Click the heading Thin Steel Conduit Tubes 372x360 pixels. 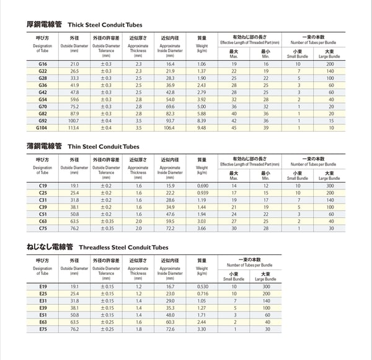tap(103, 146)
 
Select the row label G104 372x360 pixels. tap(43, 127)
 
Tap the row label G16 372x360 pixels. tap(43, 65)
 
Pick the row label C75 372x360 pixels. tap(43, 228)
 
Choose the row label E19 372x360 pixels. tap(43, 286)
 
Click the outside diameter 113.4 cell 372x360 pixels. tap(74, 127)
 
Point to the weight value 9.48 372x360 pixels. tap(201, 127)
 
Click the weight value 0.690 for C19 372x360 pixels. tap(202, 186)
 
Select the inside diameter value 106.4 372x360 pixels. tap(170, 127)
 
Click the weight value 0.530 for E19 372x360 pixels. tap(202, 286)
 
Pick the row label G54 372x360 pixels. tap(43, 99)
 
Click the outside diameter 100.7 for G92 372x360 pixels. tap(74, 120)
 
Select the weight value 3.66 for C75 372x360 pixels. tap(201, 228)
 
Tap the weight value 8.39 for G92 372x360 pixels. tap(201, 120)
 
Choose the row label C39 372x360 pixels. tap(43, 207)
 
